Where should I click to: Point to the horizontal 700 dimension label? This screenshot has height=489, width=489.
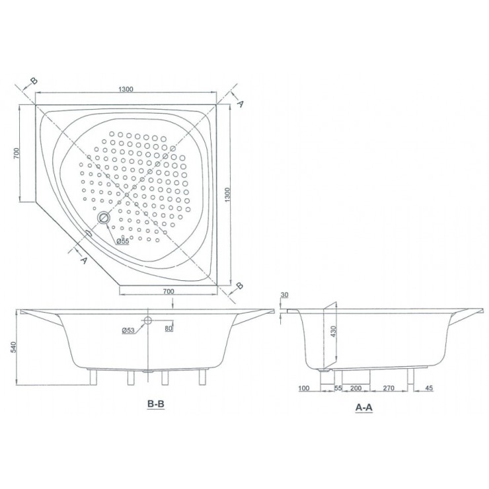(x=168, y=291)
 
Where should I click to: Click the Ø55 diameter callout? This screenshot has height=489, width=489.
(x=122, y=241)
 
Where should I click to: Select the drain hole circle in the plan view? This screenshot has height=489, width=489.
(x=103, y=217)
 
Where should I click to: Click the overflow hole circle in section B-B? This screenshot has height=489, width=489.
(x=147, y=320)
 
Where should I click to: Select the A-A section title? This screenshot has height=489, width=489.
(x=365, y=408)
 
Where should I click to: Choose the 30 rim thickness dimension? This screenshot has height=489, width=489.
(x=285, y=295)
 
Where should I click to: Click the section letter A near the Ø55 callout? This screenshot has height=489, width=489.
(x=83, y=260)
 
